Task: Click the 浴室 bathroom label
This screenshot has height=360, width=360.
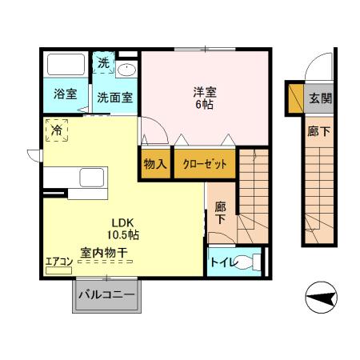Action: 66,94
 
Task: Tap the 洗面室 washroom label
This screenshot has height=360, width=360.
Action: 115,97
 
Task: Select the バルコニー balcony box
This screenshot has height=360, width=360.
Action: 106,294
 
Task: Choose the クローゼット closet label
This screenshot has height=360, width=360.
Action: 205,164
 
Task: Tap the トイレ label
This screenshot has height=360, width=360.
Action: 224,262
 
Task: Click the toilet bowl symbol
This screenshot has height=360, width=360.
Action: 250,262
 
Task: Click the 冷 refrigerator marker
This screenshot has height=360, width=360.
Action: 58,129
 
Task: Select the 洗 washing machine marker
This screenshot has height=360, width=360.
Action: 104,62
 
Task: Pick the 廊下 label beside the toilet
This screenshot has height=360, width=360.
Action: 220,211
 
